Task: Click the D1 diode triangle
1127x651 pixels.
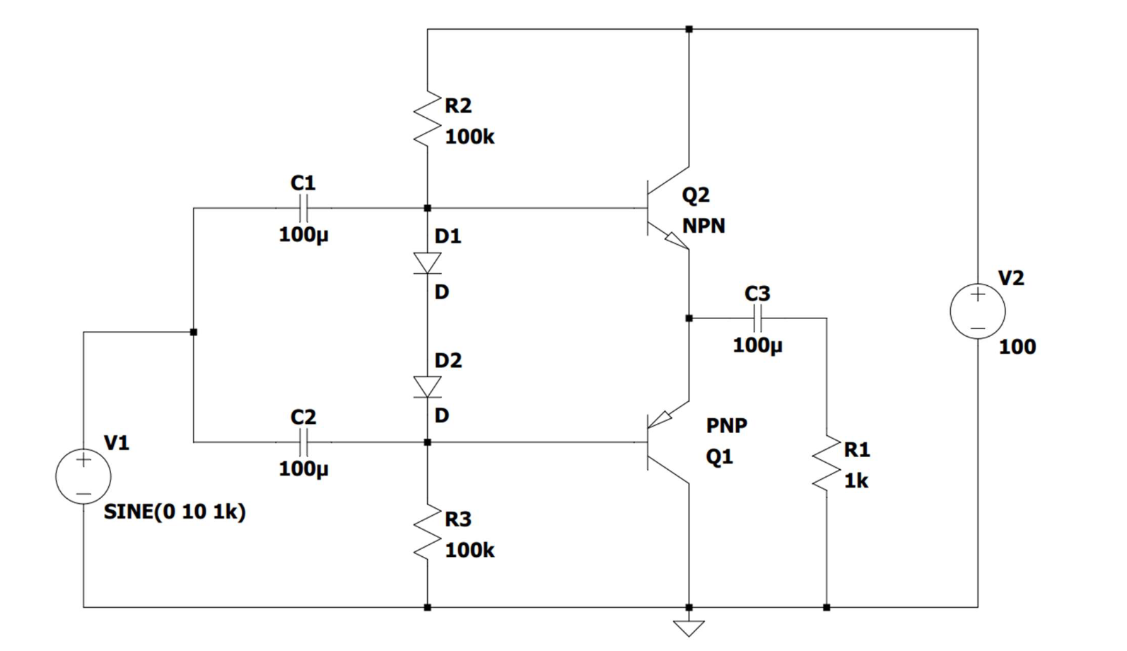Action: point(427,263)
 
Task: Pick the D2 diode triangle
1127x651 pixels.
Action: point(427,387)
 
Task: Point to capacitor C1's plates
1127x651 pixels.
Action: point(303,208)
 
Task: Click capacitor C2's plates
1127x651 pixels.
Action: point(303,442)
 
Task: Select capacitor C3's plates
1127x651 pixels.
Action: point(757,318)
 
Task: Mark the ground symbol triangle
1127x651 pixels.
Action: point(689,627)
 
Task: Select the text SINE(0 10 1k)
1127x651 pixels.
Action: point(175,512)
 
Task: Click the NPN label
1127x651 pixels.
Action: point(703,226)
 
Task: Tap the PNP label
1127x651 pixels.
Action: point(726,425)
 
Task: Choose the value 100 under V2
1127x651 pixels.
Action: point(1017,347)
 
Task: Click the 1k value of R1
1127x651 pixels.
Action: point(856,480)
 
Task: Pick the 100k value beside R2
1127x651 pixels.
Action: point(469,137)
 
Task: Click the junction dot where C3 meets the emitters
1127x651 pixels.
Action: point(689,318)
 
